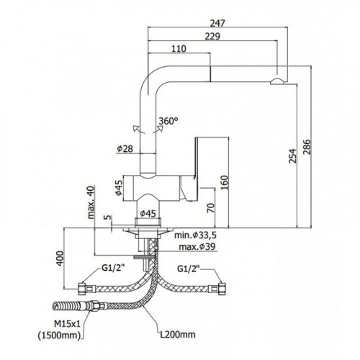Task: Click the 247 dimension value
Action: pos(217,23)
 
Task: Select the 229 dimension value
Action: pos(212,36)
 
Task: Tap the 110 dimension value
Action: pos(179,49)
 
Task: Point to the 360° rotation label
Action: pos(168,121)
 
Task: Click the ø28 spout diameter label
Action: pos(125,149)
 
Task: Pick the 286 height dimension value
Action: pos(307,147)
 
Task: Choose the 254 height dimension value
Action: pos(292,156)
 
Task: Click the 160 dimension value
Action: pos(224,183)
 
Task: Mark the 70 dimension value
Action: pos(210,208)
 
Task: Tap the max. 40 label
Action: pos(91,202)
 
